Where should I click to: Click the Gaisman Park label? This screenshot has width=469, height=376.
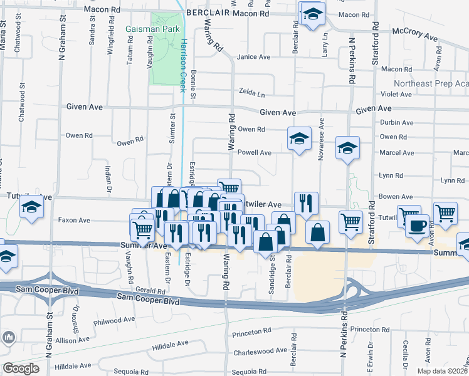[152, 29]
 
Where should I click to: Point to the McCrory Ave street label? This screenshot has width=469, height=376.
[414, 34]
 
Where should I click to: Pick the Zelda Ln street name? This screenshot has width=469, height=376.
[251, 93]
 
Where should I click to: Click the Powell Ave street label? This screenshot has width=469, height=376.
[254, 152]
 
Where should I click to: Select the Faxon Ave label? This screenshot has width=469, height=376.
[74, 221]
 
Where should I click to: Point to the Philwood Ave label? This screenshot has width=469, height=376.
[114, 320]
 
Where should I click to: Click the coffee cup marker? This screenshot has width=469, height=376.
[418, 224]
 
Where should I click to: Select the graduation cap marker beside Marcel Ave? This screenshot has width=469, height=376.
[347, 148]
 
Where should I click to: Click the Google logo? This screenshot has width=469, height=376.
[21, 368]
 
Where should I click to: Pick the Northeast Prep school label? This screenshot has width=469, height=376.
[431, 84]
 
